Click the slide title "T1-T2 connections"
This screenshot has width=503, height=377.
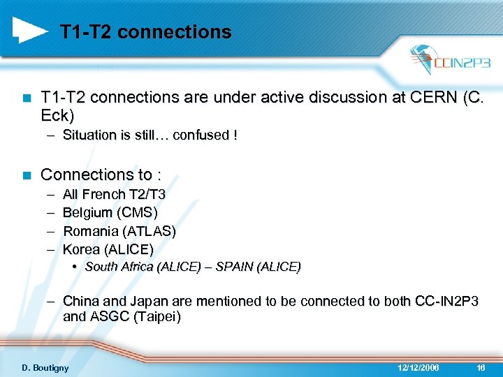pyautogui.click(x=145, y=32)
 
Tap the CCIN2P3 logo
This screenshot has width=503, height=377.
pyautogui.click(x=451, y=61)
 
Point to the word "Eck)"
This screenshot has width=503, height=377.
pyautogui.click(x=57, y=114)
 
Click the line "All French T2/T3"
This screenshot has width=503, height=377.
pyautogui.click(x=114, y=194)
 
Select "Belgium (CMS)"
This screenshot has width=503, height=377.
pyautogui.click(x=110, y=212)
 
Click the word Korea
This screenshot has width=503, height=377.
pyautogui.click(x=80, y=249)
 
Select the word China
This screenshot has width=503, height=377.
pyautogui.click(x=81, y=301)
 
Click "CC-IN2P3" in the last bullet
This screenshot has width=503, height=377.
pyautogui.click(x=446, y=301)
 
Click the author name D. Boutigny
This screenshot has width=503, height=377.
pyautogui.click(x=45, y=367)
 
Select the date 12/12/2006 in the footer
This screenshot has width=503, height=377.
pyautogui.click(x=418, y=367)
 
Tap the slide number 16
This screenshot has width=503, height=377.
pyautogui.click(x=481, y=367)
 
